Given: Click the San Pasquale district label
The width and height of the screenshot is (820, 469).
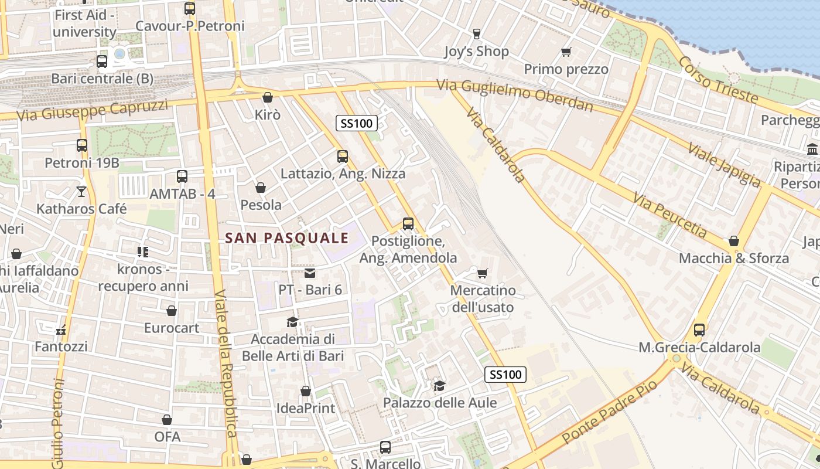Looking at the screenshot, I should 287,238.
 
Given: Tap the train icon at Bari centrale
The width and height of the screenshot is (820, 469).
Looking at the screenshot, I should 102,61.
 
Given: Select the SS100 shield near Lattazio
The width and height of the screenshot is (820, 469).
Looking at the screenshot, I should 356,123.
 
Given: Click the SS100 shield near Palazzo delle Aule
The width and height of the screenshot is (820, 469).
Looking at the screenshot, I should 505,375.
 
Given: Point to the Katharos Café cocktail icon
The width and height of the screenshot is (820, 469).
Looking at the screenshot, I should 81,191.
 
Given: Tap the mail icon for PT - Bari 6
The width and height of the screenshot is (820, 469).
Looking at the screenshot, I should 310,273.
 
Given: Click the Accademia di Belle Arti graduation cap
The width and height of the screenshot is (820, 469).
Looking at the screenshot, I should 292,322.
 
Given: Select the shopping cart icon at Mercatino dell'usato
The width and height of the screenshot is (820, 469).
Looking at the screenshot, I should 483,273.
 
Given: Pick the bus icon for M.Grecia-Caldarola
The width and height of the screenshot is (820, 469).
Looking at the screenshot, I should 699,329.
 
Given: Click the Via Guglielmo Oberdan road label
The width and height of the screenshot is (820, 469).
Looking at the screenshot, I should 515,95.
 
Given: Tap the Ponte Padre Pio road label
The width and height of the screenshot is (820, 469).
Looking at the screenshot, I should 609,410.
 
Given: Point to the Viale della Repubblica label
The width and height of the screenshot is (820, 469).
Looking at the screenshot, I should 225,363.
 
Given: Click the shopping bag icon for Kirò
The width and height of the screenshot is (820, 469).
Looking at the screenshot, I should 268,97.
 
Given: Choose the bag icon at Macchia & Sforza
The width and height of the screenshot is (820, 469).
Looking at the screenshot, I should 733,241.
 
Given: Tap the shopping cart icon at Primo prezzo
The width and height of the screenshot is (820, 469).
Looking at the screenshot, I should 566,52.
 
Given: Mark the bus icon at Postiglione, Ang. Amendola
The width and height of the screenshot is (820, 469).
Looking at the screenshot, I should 408,224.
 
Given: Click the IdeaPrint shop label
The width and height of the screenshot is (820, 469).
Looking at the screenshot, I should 306,408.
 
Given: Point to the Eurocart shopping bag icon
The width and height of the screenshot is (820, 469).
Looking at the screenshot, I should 172,311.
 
